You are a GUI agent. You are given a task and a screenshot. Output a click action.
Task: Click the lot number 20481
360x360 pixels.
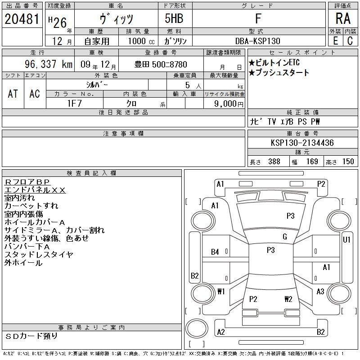[x=22, y=19]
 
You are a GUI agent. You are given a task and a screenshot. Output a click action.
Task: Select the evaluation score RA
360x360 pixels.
[x=343, y=18]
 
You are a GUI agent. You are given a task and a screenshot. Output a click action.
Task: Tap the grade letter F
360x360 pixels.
[x=258, y=18]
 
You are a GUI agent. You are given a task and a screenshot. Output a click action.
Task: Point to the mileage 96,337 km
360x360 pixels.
[x=49, y=64]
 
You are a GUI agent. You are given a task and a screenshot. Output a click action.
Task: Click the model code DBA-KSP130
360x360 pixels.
[x=257, y=41]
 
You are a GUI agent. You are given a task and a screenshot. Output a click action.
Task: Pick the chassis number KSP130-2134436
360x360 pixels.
[x=302, y=143]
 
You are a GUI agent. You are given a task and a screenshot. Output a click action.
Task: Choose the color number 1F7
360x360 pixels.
[x=74, y=103]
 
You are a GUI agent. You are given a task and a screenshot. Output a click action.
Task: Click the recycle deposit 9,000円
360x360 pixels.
[x=229, y=104]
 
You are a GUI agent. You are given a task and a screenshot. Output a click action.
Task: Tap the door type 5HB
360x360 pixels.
[x=174, y=18]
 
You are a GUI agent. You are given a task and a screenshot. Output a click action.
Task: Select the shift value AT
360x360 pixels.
[x=13, y=94]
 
